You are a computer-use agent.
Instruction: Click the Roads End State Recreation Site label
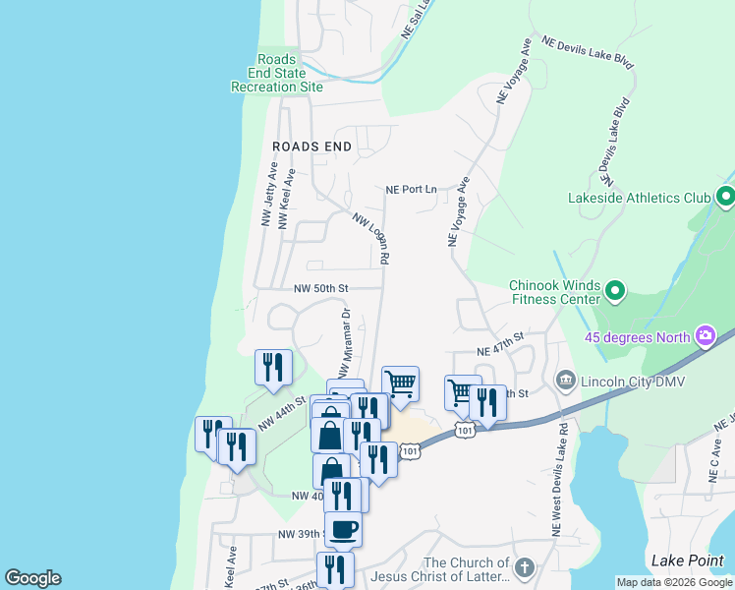pos(276,73)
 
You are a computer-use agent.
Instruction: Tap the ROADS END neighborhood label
pos(311,146)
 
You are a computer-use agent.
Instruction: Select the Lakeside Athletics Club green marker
pos(726,198)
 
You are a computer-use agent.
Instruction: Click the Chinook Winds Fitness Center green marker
pos(615,291)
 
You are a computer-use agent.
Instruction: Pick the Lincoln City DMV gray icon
pos(565,380)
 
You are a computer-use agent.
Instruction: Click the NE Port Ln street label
pos(411,189)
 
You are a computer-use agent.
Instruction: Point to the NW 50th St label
pos(321,288)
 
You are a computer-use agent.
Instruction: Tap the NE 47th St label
pos(501,343)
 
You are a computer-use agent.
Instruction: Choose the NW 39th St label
pos(301,533)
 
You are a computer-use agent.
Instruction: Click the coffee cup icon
pos(343,529)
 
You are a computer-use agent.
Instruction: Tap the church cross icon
pos(525,567)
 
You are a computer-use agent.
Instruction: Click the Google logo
pos(32,578)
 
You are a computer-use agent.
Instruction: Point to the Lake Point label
pos(687,560)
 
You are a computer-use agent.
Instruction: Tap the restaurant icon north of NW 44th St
pos(273,366)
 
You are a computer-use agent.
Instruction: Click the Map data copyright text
pos(674,582)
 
